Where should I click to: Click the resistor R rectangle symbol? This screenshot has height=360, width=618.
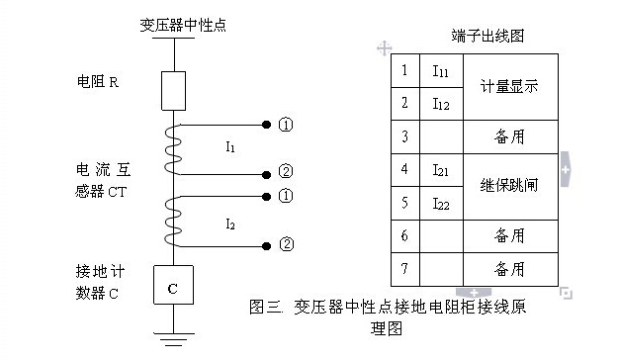tap(172, 90)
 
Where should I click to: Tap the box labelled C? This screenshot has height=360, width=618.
tap(172, 288)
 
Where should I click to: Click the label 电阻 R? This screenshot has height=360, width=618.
tap(98, 81)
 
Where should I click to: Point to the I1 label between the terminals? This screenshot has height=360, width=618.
tap(229, 147)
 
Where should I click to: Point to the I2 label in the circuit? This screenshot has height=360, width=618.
tap(229, 225)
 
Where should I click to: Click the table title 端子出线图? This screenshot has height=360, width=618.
tap(486, 36)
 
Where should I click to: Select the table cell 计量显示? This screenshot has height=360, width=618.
tap(508, 86)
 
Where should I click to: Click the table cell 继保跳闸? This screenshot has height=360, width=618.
tap(508, 185)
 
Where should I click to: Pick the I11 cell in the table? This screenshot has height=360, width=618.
tap(441, 70)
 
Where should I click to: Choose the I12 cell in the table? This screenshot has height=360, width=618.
tap(441, 102)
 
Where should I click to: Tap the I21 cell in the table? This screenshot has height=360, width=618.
tap(441, 170)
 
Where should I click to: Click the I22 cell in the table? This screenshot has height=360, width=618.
tap(441, 203)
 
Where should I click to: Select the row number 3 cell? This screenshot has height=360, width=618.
tap(404, 135)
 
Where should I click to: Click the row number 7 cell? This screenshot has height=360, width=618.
tap(404, 268)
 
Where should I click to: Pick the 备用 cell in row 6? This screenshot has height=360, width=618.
tap(508, 235)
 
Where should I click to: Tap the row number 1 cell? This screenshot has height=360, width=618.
tap(404, 70)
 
